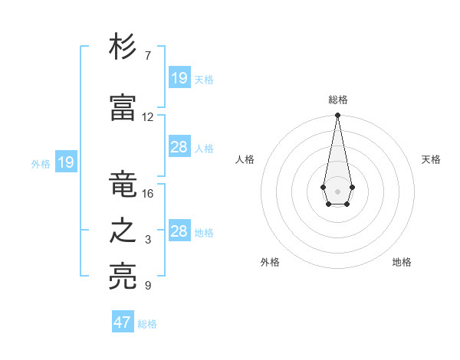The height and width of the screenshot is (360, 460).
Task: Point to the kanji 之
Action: (x=123, y=231)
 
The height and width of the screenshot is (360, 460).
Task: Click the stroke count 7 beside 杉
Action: (x=148, y=56)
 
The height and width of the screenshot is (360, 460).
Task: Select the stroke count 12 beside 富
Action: (x=148, y=117)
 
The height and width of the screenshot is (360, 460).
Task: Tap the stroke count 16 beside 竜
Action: (x=148, y=193)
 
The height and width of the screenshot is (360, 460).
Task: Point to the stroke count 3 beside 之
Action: (x=148, y=240)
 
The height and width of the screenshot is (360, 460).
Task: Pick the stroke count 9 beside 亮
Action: (x=148, y=286)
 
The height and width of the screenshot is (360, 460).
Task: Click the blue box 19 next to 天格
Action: (x=179, y=78)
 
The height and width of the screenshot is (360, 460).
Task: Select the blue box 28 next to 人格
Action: (x=179, y=147)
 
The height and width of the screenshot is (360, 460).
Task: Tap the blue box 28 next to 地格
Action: (x=179, y=231)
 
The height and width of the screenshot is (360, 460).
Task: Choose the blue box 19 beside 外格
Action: (x=65, y=162)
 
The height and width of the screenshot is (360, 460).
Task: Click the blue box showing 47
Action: (x=123, y=322)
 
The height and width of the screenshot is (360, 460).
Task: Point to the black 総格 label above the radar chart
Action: (x=338, y=100)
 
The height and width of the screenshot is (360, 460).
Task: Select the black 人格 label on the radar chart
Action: (x=245, y=159)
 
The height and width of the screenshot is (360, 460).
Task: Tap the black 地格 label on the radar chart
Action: (x=402, y=262)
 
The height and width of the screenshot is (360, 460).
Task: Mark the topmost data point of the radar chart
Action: (x=337, y=116)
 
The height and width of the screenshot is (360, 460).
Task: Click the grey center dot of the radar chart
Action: (x=337, y=190)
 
